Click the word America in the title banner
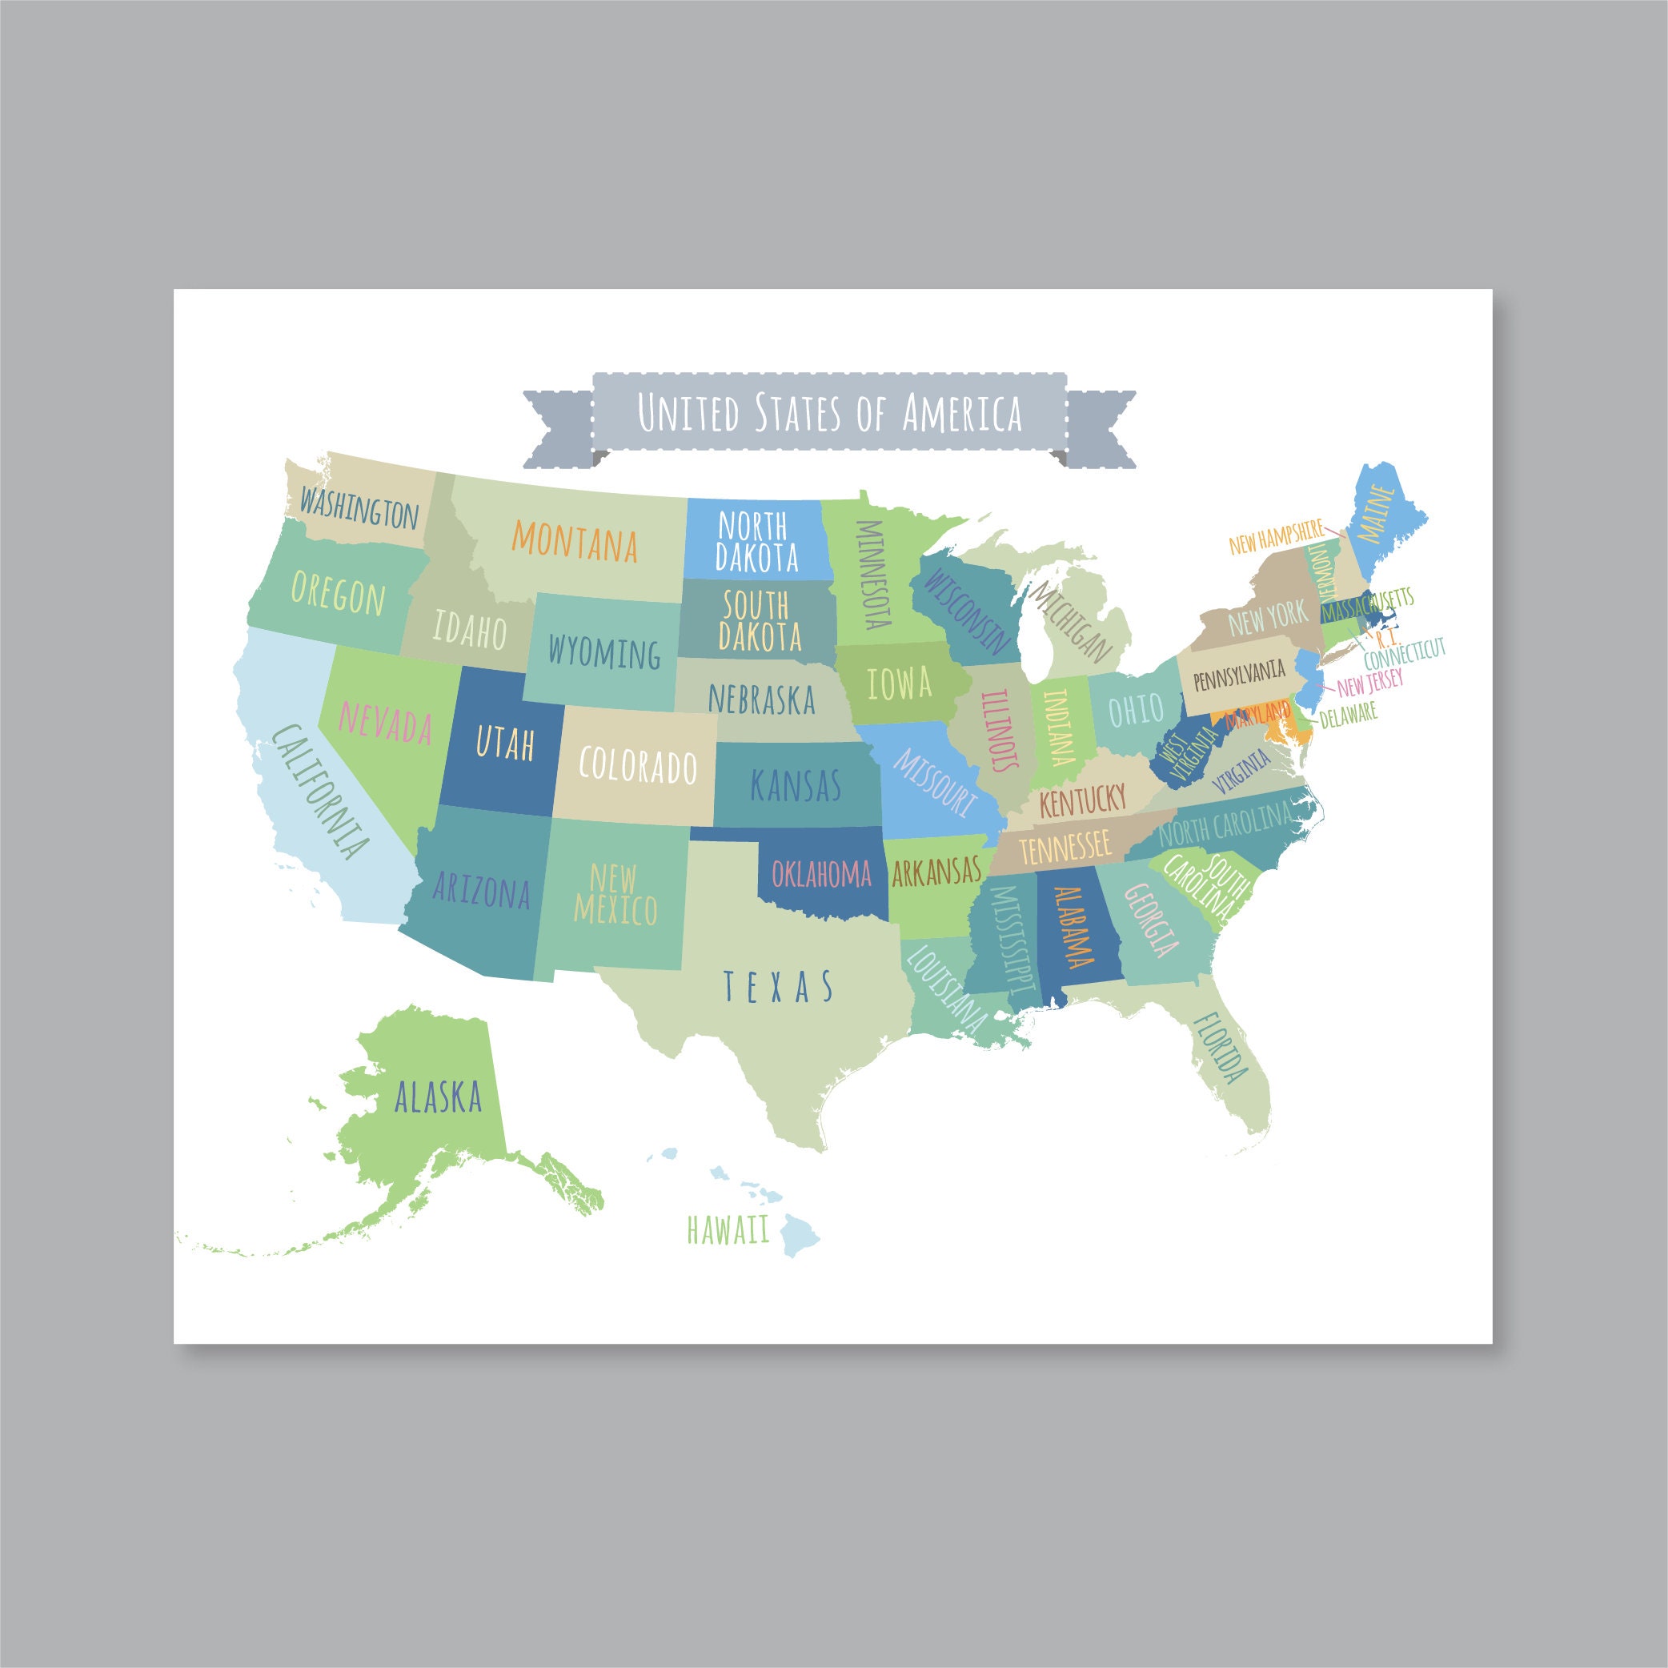tap(962, 413)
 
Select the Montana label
tap(575, 541)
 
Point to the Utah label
tap(505, 743)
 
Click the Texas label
tap(778, 986)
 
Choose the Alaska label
tap(438, 1097)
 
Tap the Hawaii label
tap(728, 1229)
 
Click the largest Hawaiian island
tap(800, 1236)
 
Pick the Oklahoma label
tap(821, 874)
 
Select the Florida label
tap(1221, 1047)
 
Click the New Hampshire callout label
tap(1275, 537)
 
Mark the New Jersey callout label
tap(1370, 683)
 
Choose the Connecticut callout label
tap(1404, 654)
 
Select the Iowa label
tap(900, 684)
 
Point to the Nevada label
tap(385, 722)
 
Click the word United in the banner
tap(688, 413)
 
